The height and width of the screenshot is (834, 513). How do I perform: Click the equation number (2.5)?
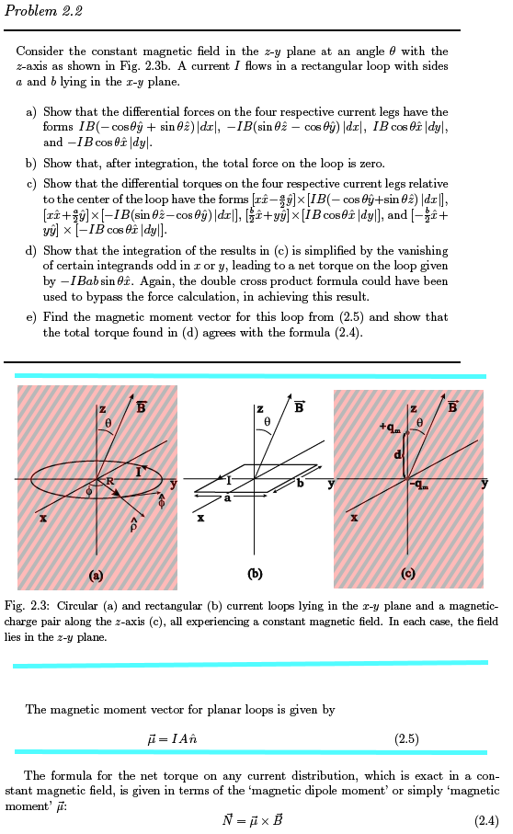(406, 738)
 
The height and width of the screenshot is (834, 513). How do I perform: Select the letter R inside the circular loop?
(109, 481)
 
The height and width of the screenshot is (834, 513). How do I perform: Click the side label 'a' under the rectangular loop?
(228, 498)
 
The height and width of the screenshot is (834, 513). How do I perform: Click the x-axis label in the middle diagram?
(200, 518)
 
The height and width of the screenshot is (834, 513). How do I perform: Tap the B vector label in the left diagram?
(141, 407)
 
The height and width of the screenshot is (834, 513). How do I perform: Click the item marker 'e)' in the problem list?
(31, 316)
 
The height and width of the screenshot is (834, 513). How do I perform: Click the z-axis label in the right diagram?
(415, 408)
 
